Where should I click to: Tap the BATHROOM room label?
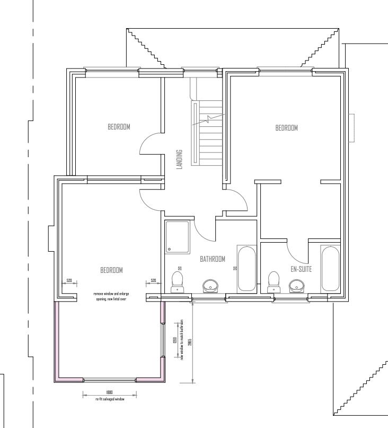[213, 259]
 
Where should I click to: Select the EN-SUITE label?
[301, 269]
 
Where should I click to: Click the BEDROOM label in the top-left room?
[119, 127]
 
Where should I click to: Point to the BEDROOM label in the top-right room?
[287, 127]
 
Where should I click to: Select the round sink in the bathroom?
[211, 286]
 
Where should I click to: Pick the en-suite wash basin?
[296, 286]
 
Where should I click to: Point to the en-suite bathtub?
[330, 269]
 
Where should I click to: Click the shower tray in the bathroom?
[178, 237]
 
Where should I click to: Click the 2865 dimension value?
[189, 343]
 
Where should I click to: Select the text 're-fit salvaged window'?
[110, 398]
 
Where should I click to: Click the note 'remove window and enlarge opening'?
[111, 296]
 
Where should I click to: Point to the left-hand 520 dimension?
[69, 280]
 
